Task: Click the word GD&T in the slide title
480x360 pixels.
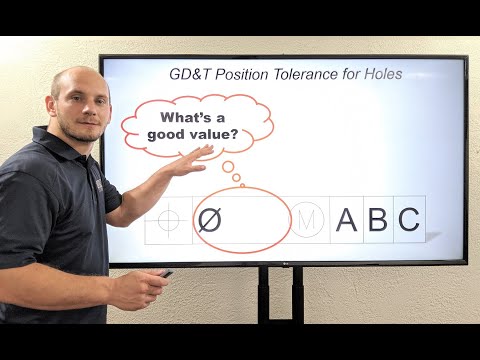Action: [x=187, y=74]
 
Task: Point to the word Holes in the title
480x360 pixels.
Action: [x=382, y=74]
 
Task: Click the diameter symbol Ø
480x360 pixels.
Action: [x=209, y=220]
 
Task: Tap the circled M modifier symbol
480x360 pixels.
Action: [x=307, y=220]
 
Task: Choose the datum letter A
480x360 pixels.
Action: [x=346, y=220]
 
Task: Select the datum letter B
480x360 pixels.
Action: [x=377, y=220]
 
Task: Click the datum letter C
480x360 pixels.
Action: [x=408, y=220]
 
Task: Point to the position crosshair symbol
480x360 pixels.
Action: [x=169, y=220]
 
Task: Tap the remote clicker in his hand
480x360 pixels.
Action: [x=164, y=273]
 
